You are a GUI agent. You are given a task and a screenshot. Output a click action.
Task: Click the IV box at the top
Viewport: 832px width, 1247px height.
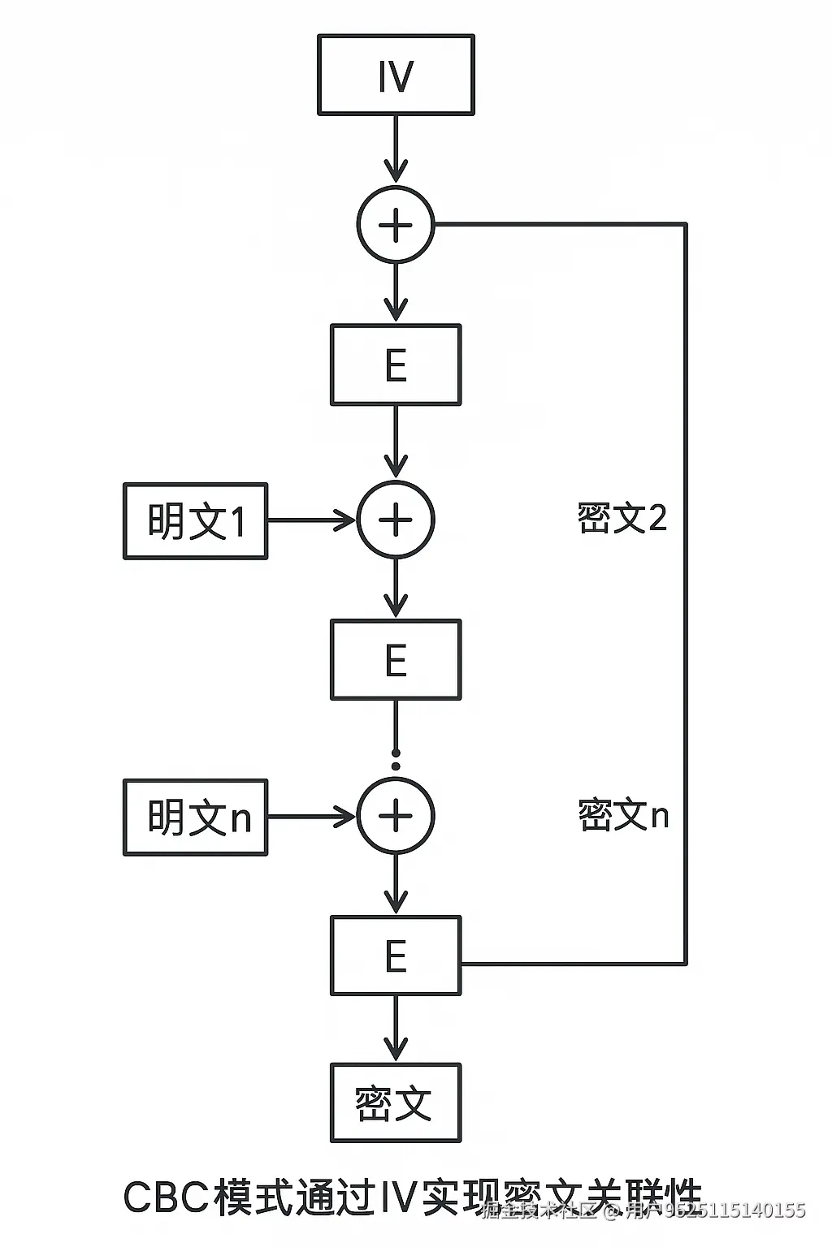click(396, 75)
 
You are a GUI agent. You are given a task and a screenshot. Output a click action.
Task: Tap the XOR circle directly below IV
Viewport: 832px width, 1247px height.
click(396, 225)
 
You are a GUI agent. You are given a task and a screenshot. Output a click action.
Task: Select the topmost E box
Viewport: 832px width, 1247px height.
click(396, 365)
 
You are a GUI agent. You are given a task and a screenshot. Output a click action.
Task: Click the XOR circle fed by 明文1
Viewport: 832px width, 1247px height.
click(396, 520)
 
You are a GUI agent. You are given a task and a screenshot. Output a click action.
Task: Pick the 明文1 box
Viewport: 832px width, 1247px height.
click(195, 520)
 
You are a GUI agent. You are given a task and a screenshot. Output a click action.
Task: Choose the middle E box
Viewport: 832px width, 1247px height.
click(396, 660)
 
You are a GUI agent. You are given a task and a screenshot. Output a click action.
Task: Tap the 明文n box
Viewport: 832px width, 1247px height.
click(195, 817)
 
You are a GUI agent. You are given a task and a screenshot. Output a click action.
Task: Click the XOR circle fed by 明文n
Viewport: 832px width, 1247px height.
click(396, 817)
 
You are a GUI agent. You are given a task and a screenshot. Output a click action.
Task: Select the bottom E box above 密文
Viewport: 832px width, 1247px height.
click(396, 956)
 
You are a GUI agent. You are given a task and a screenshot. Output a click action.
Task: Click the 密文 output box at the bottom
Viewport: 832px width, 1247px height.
click(396, 1102)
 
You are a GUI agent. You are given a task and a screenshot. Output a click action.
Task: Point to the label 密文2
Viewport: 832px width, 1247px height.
click(622, 518)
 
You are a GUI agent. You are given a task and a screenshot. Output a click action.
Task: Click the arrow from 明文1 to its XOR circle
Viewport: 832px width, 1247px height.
click(312, 520)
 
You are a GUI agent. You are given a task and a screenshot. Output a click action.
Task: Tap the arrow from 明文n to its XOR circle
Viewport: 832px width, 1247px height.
click(312, 817)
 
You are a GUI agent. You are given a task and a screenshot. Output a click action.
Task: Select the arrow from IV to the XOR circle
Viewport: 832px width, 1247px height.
click(396, 149)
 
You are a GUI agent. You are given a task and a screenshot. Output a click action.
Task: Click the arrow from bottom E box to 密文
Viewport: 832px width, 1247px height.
click(396, 1028)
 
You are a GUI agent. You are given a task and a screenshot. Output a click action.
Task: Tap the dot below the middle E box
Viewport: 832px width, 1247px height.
click(396, 765)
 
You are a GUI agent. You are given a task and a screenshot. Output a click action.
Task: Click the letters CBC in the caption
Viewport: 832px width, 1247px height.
click(166, 1198)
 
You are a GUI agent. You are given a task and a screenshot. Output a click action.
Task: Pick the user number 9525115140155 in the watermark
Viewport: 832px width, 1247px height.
click(735, 1211)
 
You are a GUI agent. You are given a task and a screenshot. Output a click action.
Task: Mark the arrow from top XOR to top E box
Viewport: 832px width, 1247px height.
click(396, 292)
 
